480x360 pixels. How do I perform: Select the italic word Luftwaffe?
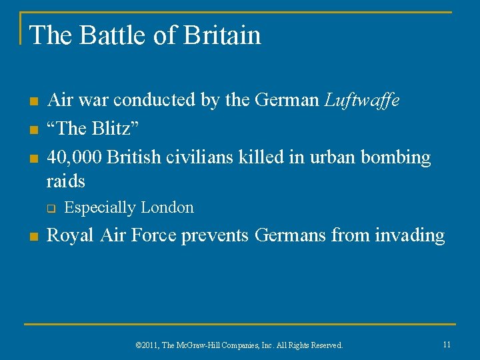pyautogui.click(x=362, y=100)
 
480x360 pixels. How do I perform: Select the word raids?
pyautogui.click(x=66, y=180)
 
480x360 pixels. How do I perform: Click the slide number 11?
pyautogui.click(x=447, y=344)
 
